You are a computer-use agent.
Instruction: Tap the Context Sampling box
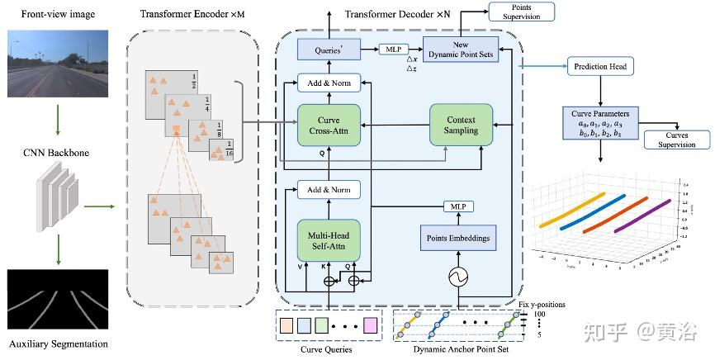tap(461, 126)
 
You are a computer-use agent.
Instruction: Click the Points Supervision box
tap(522, 11)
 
